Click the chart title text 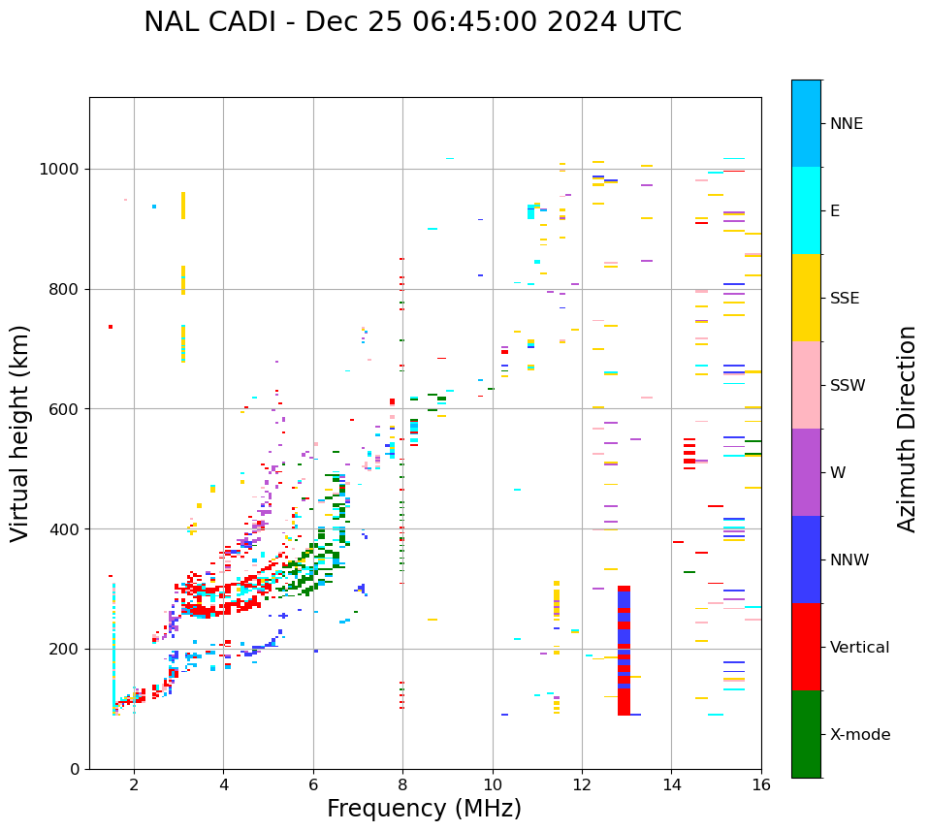412,22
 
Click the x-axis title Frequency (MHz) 424,809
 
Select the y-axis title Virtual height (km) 20,432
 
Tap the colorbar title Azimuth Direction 907,428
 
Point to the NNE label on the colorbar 846,124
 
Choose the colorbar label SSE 844,298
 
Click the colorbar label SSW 847,385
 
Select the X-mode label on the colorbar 859,734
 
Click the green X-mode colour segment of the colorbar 806,734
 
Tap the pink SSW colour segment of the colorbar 806,385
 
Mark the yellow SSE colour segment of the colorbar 806,298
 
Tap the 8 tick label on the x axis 402,784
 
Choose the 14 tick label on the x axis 671,784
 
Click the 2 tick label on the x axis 134,784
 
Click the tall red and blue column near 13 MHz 624,650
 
